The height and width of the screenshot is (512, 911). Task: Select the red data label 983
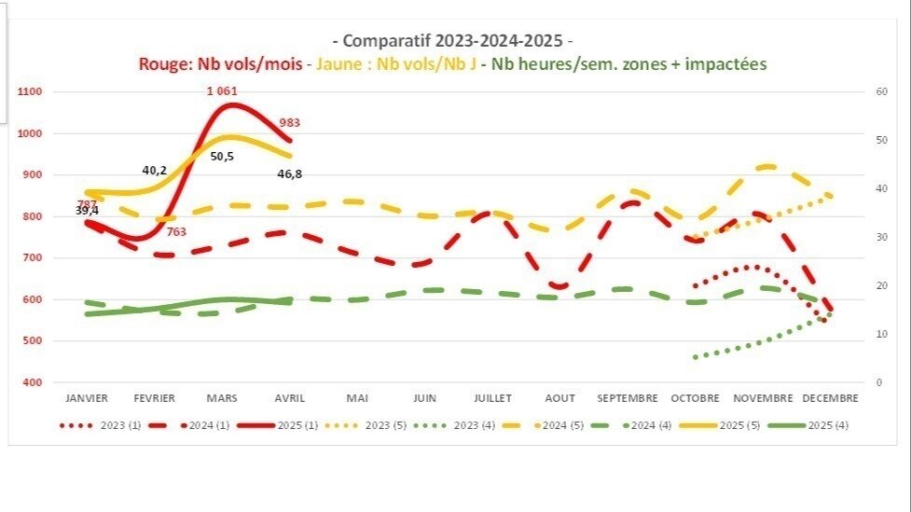[x=289, y=123]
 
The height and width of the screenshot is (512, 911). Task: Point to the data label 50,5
[x=222, y=157]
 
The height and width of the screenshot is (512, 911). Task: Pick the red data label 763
[x=177, y=232]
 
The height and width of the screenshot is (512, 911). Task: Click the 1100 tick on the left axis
[x=29, y=92]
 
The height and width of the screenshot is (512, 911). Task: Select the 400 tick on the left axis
[x=32, y=382]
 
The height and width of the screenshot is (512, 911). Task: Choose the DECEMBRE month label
[x=829, y=398]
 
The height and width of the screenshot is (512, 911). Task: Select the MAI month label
[x=357, y=398]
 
